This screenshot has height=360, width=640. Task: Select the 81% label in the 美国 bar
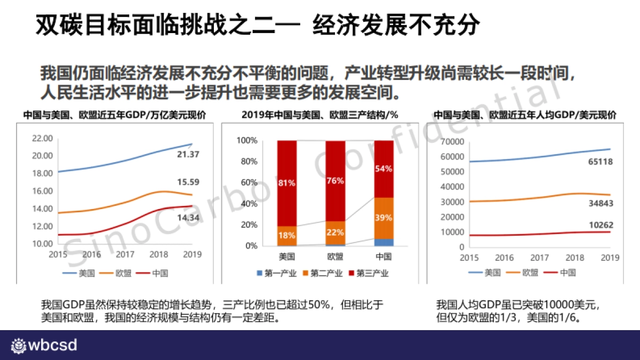[x=287, y=183]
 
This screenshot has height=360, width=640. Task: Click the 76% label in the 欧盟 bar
[x=335, y=180]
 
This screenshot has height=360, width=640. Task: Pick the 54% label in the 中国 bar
[x=383, y=169]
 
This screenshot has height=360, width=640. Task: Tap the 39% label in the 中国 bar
[x=383, y=218]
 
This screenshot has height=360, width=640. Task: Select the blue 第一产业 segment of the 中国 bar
[x=383, y=242]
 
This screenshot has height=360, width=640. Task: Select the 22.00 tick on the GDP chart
[x=43, y=138]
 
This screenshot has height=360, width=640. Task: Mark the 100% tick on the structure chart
[x=247, y=140]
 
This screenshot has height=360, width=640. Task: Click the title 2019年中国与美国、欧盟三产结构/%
[x=320, y=115]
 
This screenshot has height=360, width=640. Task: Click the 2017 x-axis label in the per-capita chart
[x=539, y=258]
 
